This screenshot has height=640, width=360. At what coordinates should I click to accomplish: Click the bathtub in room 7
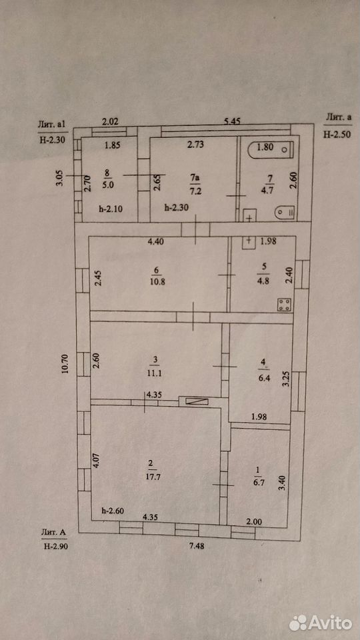point(270,150)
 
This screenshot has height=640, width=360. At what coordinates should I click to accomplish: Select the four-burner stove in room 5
point(284,305)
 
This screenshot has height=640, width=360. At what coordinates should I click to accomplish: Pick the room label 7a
point(191,177)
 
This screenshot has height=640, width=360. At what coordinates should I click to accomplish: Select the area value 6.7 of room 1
point(258,484)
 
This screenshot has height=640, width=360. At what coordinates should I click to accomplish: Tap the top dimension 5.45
point(231,121)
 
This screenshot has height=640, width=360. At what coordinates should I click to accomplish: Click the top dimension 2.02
point(109,121)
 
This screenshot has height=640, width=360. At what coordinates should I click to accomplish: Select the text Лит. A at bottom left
point(53,531)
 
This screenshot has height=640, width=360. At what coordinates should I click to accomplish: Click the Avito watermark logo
point(321,623)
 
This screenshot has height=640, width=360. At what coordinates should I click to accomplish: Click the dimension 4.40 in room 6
point(155,241)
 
